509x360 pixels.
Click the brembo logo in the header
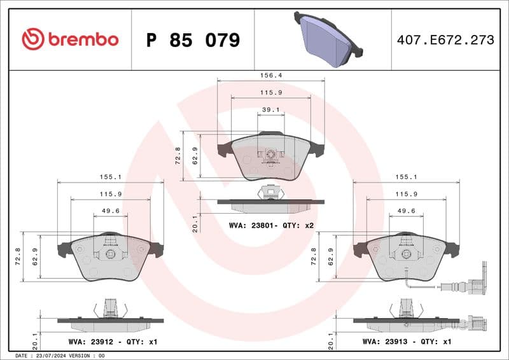coord(70,39)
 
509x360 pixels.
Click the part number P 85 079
coord(193,40)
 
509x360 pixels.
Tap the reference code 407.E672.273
coord(445,40)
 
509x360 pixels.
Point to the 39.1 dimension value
coord(271,109)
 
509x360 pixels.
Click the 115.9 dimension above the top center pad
coord(271,92)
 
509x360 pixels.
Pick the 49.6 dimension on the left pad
coord(111,211)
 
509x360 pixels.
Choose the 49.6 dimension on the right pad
coord(407,211)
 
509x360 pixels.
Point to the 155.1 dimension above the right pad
coord(407,177)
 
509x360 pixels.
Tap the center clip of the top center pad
coord(271,155)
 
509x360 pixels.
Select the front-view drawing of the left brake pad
coord(111,258)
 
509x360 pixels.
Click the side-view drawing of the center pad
coord(271,202)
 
